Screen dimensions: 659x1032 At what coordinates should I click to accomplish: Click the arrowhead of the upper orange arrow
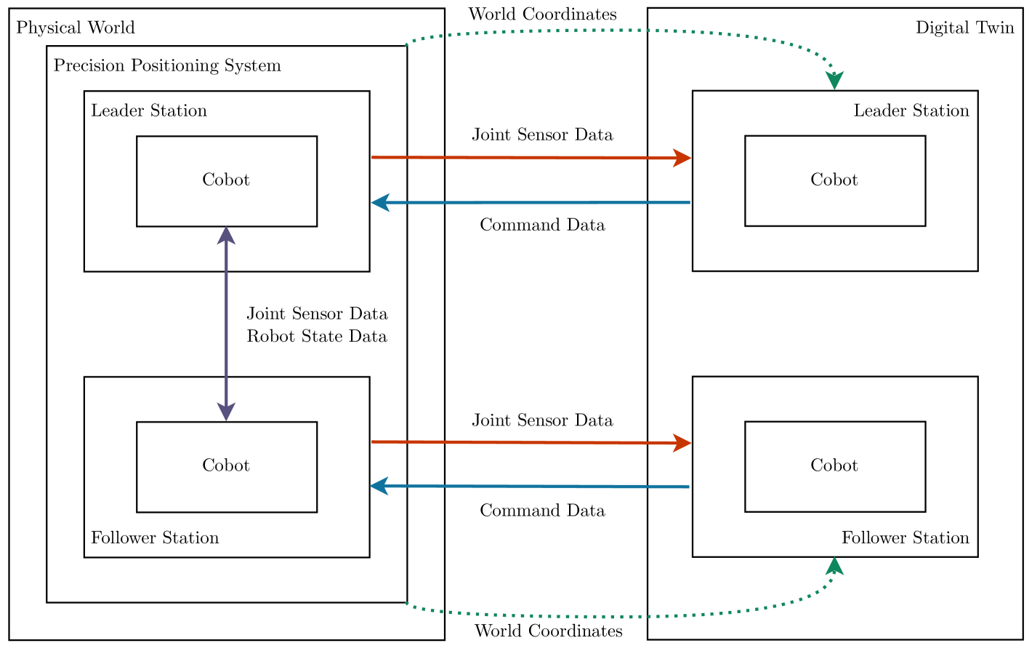pos(683,158)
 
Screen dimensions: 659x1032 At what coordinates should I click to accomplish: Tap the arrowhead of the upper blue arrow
pos(379,202)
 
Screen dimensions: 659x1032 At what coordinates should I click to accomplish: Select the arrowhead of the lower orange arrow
pos(683,442)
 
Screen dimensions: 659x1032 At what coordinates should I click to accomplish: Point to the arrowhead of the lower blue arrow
pos(379,486)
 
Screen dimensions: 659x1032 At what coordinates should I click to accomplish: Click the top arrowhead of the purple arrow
pos(226,235)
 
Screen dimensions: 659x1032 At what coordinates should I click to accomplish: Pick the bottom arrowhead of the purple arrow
pos(226,412)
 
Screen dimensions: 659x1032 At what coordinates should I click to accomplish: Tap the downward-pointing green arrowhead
pos(834,81)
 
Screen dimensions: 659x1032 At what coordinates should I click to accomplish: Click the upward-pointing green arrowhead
pos(834,566)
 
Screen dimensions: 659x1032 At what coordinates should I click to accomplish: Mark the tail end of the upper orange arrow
pos(373,157)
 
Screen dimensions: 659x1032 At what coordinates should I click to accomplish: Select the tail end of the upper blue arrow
pos(689,202)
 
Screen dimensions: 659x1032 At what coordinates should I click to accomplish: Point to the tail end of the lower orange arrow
pos(373,442)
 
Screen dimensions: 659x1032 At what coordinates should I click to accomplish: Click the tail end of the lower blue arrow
pos(688,487)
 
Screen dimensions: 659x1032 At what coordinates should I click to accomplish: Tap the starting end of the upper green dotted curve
pos(406,44)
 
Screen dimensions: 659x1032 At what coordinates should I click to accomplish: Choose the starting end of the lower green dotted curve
pos(406,603)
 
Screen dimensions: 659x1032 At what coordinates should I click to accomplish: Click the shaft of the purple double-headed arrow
pos(226,324)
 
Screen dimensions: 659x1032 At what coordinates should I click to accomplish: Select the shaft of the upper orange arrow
pos(523,158)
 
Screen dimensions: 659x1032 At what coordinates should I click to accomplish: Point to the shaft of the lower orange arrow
pos(523,442)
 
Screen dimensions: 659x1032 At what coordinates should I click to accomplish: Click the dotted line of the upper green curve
pos(618,31)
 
